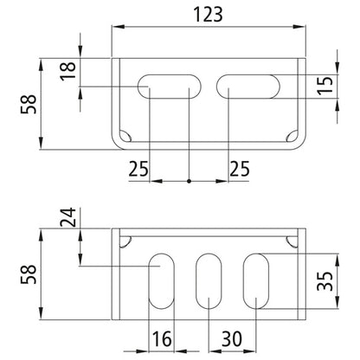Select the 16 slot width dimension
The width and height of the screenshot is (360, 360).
[160, 337]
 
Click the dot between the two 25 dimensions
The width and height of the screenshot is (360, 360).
[190, 182]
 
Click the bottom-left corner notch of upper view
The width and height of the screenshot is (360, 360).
[126, 137]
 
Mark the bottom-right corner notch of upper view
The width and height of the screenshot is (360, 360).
[292, 137]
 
